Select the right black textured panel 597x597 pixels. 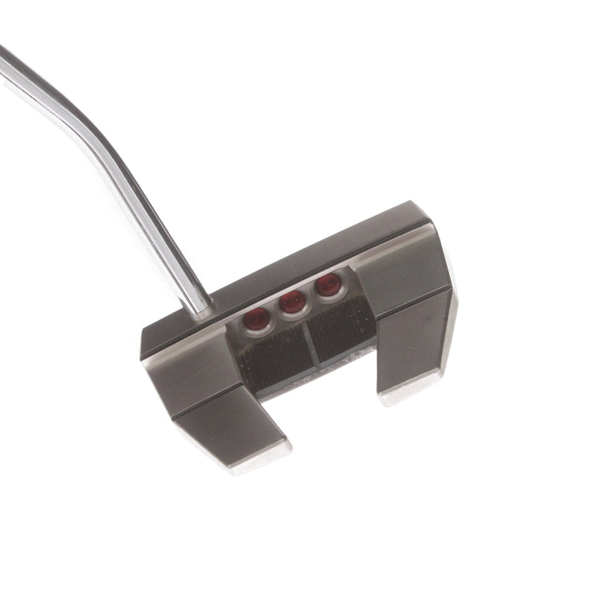[x=342, y=325]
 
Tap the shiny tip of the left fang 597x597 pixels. [x=257, y=457]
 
